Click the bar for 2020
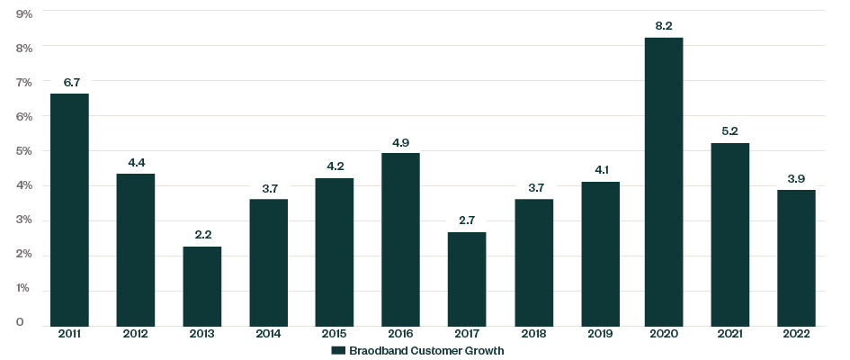coord(664,181)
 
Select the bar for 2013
coord(201,285)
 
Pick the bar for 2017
coord(466,278)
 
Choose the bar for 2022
coord(796,257)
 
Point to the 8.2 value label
coord(664,26)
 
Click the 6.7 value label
coord(69,83)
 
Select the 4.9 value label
coord(400,142)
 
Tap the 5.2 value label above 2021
coord(730,132)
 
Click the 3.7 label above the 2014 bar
coord(268,187)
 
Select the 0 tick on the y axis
coord(19,323)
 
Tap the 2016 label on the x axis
coord(400,334)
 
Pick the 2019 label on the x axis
coord(598,334)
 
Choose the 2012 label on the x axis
coord(136,334)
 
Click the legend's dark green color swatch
coord(338,351)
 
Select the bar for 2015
coord(334,251)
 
